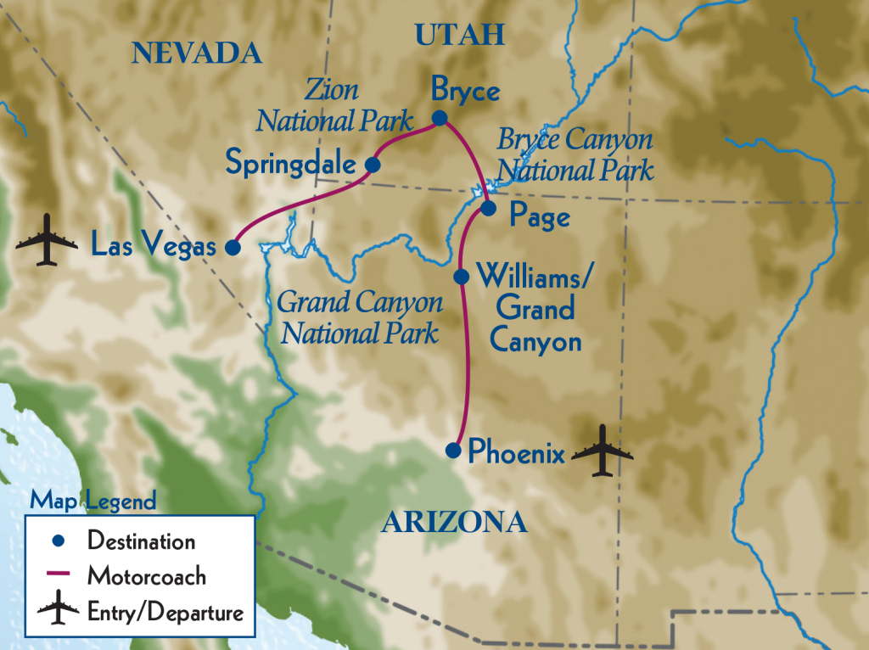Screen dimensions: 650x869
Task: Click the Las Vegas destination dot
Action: pos(232,248)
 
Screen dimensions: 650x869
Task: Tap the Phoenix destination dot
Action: pos(454,451)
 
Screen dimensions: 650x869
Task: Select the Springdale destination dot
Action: pos(372,165)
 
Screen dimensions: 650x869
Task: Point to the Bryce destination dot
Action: pos(440,119)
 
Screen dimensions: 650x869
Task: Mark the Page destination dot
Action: pos(488,207)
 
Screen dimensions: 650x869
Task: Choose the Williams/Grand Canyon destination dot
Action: pos(462,277)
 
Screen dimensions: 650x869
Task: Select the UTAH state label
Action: pos(459,35)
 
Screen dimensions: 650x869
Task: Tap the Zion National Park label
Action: pos(334,106)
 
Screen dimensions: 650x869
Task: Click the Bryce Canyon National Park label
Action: pos(575,154)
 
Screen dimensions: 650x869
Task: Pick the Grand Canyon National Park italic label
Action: pos(360,317)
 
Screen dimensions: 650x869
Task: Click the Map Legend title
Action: pos(93,501)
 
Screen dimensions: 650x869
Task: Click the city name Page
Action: pos(539,217)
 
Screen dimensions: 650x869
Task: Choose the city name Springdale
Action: pos(289,162)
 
